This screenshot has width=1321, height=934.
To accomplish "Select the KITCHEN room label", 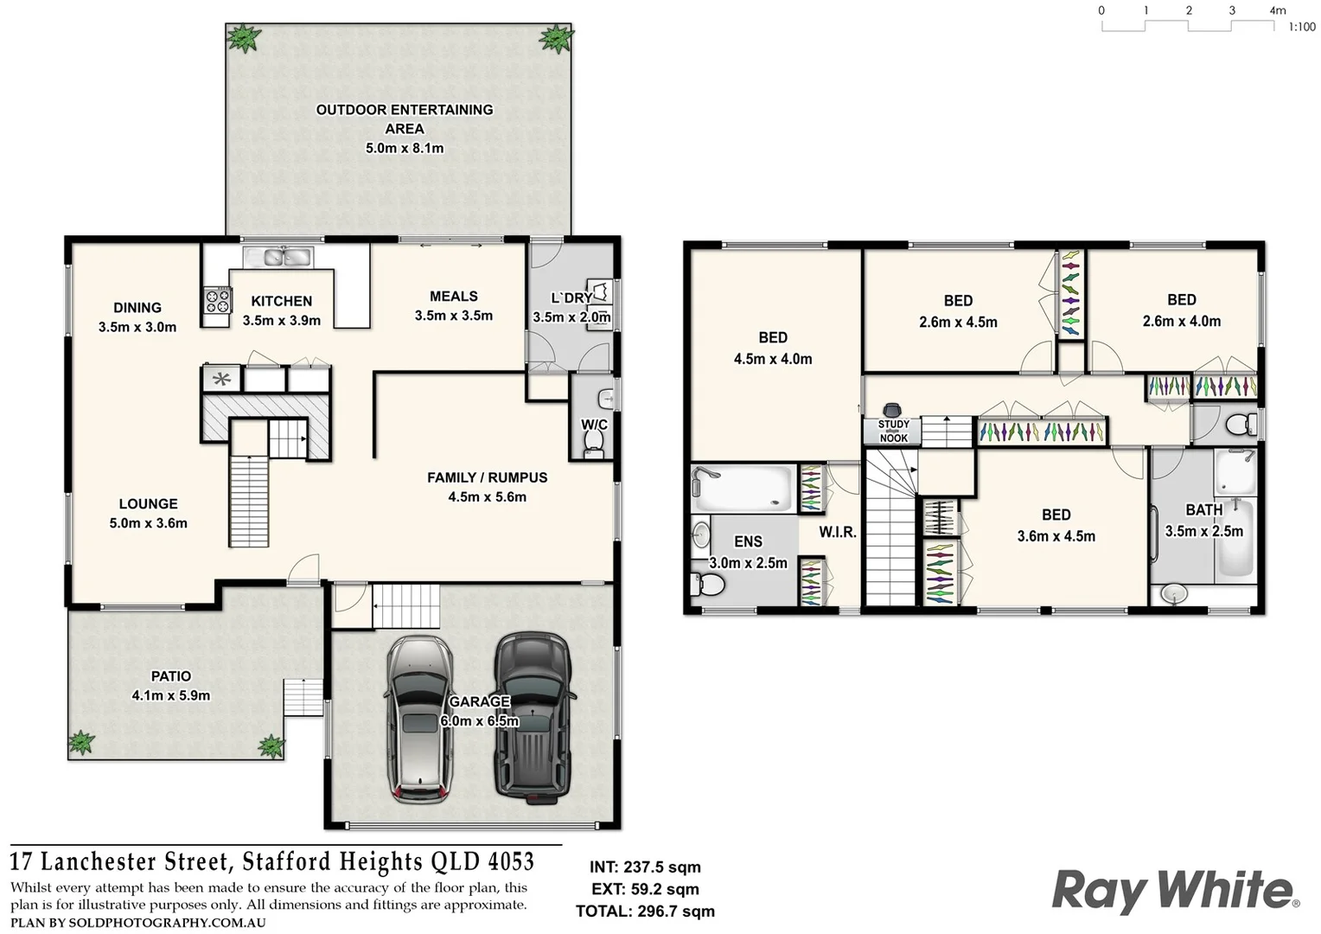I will (281, 301).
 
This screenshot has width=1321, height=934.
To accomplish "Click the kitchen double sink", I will (278, 256).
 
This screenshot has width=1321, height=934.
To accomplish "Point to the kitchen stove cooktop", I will (217, 300).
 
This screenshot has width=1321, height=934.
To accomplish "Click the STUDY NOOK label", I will (893, 431).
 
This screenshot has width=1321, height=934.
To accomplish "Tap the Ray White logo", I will (1175, 891).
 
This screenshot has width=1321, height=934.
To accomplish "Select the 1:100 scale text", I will (1302, 27).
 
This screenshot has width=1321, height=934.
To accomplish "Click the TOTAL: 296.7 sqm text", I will (645, 911).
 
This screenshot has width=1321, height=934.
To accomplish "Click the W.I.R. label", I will (838, 532).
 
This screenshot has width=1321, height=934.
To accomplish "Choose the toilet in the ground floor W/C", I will (593, 440).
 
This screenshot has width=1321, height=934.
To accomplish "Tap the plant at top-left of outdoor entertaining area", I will (243, 38).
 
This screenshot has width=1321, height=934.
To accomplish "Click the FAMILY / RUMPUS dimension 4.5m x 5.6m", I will (487, 496).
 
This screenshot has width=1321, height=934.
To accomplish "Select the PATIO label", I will (170, 676).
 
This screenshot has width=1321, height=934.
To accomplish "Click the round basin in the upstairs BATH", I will (1174, 593).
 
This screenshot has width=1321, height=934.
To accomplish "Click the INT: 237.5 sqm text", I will (645, 867).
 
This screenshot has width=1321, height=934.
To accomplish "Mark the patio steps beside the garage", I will (303, 697).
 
